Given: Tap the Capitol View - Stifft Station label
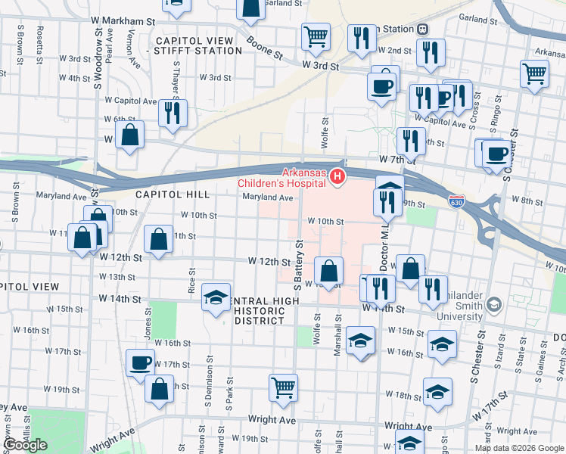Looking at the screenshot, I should coord(197,45).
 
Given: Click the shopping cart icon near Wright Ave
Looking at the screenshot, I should coord(283,387).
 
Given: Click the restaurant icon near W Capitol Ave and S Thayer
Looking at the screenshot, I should coord(173,113).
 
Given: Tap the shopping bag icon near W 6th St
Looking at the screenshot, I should coord(130,135).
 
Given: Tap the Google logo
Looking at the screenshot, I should coord(25,445).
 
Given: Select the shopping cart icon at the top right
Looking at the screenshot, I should coord(534,73).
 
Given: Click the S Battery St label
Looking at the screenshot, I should coord(298,265).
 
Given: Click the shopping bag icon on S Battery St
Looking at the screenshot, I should coord(329,270).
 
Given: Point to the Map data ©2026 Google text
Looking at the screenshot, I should coord(518,448).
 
